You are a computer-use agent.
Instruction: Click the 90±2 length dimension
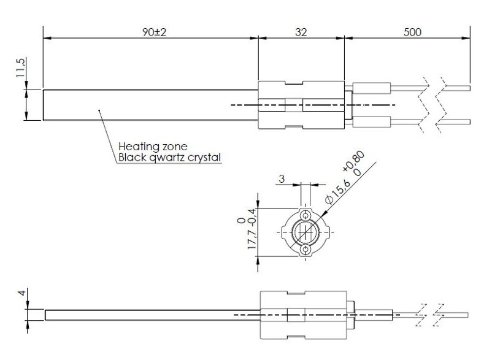[154, 33]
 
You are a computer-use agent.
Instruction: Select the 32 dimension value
[301, 33]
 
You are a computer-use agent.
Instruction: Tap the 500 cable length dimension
[412, 33]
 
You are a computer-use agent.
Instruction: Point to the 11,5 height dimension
[21, 67]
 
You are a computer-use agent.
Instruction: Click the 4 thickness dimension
[21, 293]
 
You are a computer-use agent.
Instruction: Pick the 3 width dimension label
[282, 178]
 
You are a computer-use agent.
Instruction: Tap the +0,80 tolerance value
[353, 161]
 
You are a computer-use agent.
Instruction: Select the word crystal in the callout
[204, 158]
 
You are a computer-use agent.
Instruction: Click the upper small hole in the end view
[305, 216]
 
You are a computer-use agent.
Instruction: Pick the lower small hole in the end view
[305, 250]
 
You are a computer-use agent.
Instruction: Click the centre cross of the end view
[305, 232]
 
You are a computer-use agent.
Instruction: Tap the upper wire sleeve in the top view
[372, 88]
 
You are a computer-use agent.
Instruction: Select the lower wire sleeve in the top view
[372, 122]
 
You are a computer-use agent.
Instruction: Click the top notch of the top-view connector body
[294, 83]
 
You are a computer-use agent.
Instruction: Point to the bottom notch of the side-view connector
[296, 337]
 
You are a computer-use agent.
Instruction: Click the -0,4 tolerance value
[252, 216]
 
